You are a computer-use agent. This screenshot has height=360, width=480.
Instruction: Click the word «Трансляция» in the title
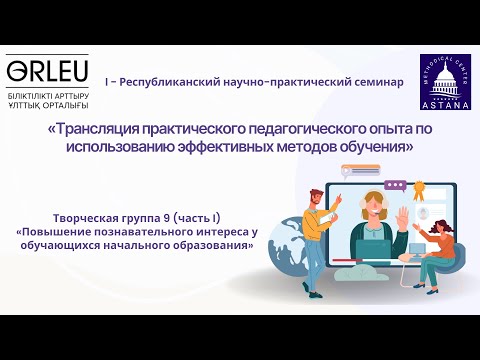pos(98,128)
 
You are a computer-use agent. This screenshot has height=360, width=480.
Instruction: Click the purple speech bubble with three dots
pos(395,185)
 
